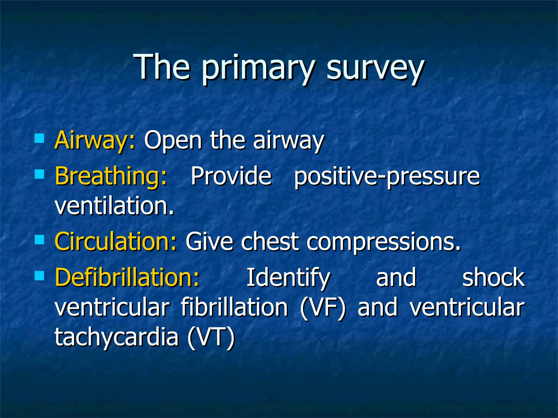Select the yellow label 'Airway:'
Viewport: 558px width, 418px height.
[95, 140]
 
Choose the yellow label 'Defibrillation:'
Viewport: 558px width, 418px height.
[127, 277]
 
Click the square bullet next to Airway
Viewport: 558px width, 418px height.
[40, 138]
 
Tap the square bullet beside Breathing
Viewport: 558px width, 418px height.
[40, 174]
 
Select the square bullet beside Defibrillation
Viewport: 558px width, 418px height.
[40, 276]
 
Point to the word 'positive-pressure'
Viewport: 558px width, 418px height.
[387, 176]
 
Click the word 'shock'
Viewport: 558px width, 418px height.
[493, 277]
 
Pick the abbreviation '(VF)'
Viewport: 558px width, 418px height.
[323, 308]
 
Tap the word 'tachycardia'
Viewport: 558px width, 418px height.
[117, 337]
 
